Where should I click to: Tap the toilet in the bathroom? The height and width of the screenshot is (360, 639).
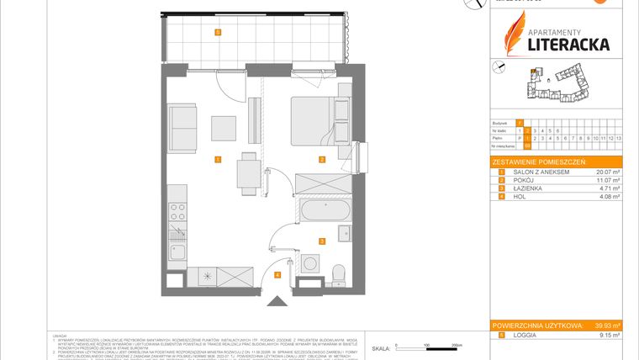(x=338, y=274)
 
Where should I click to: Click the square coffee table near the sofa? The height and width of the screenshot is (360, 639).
(x=224, y=127)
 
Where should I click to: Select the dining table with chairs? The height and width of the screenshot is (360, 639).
(x=246, y=172)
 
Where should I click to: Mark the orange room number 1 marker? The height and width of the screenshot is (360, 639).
(x=217, y=158)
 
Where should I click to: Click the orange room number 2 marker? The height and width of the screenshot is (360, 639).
(x=321, y=158)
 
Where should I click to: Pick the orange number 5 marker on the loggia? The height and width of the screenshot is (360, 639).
(x=217, y=34)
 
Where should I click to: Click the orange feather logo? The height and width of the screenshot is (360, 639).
(x=514, y=34)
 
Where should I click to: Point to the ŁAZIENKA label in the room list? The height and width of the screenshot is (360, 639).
(x=521, y=189)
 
